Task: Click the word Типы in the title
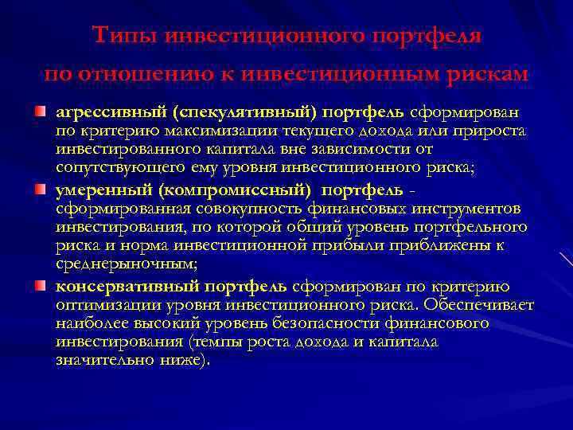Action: (119, 36)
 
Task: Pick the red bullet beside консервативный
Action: (39, 286)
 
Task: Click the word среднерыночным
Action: (125, 262)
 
